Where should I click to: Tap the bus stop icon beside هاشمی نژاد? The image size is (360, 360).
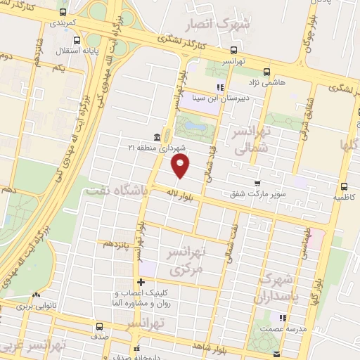[x=266, y=72]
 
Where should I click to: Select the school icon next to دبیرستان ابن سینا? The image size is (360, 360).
[x=219, y=88]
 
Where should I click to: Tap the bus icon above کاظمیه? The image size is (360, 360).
[x=344, y=186]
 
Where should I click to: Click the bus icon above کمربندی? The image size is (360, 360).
[x=63, y=12]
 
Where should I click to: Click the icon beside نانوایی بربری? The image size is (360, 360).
[x=36, y=295]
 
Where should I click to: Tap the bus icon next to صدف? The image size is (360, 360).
[x=98, y=326]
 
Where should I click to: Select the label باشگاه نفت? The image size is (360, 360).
[x=116, y=190]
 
